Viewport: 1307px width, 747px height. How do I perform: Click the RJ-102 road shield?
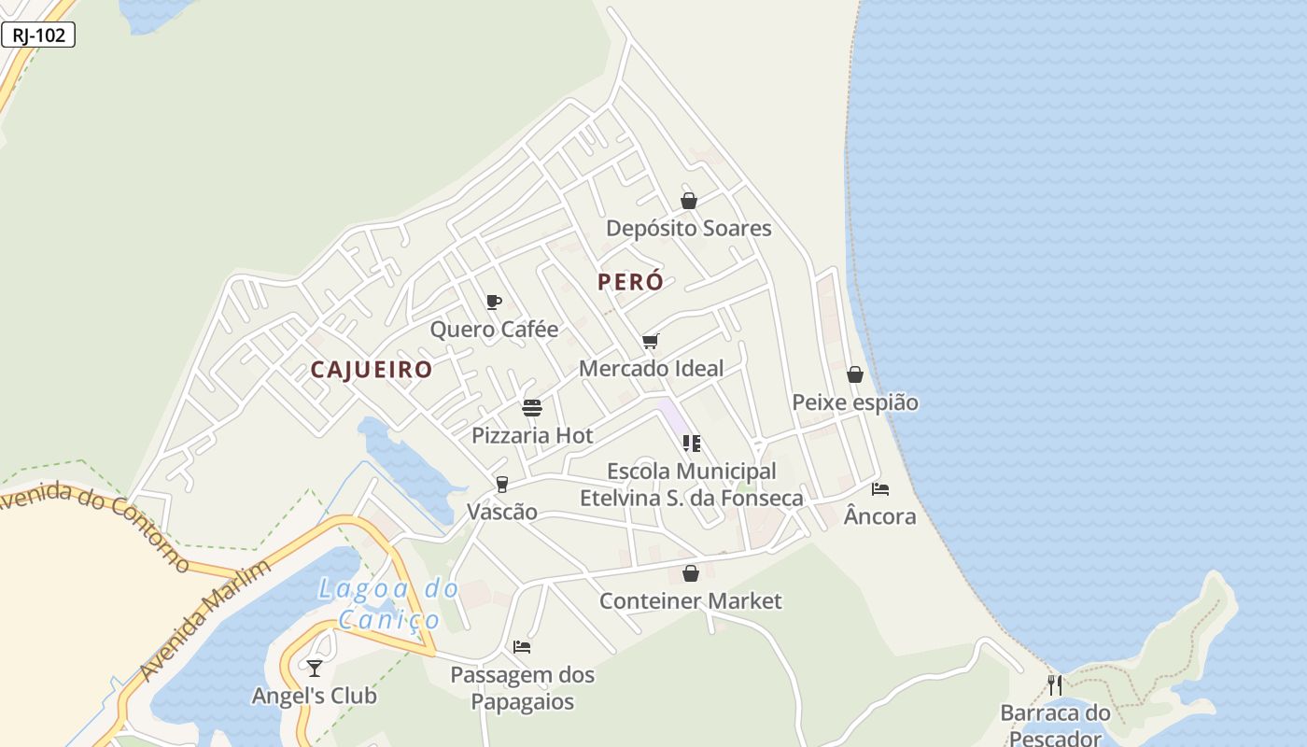[x=38, y=35]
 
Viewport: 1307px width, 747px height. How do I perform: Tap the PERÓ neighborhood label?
[x=630, y=282]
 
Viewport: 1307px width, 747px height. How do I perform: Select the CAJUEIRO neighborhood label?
[x=372, y=370]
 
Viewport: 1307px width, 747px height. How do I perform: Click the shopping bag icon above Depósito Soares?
[x=689, y=201]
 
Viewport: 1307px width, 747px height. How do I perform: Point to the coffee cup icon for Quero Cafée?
[x=494, y=302]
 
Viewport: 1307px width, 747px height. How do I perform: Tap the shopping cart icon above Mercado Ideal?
[x=651, y=341]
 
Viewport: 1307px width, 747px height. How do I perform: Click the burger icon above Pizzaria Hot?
[x=532, y=408]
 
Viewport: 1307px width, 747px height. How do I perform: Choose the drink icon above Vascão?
[x=502, y=484]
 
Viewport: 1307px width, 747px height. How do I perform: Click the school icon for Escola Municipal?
[x=691, y=444]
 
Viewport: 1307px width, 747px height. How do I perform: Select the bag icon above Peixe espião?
[x=854, y=374]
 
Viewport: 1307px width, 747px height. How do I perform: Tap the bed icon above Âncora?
[x=879, y=488]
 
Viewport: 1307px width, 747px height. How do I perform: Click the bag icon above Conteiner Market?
[x=691, y=573]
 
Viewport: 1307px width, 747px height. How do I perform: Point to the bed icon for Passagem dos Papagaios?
[x=522, y=646]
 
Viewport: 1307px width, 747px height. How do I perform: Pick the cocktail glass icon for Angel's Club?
[x=315, y=668]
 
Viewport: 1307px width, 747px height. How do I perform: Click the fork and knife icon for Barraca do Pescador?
[x=1055, y=685]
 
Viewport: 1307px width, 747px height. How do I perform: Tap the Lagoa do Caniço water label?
[x=388, y=603]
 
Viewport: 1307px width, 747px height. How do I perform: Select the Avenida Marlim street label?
[x=204, y=621]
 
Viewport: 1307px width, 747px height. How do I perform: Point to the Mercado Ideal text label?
[x=651, y=369]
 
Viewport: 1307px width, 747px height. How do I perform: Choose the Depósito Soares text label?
[x=689, y=229]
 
